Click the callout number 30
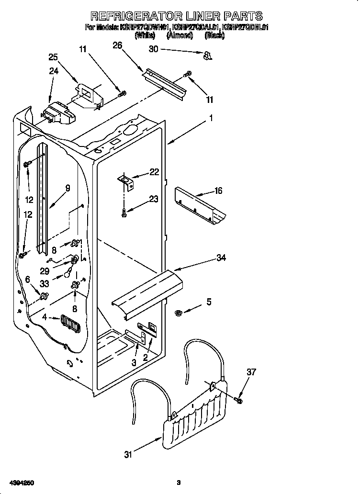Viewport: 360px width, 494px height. pyautogui.click(x=153, y=49)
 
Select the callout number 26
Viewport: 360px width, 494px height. pyautogui.click(x=117, y=45)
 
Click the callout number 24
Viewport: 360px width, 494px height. pyautogui.click(x=53, y=72)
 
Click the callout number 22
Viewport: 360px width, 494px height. pyautogui.click(x=154, y=172)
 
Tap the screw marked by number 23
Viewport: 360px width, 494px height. pyautogui.click(x=124, y=213)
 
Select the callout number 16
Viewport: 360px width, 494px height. pyautogui.click(x=218, y=191)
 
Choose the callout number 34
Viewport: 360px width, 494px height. pyautogui.click(x=221, y=258)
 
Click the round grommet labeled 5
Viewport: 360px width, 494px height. pyautogui.click(x=179, y=313)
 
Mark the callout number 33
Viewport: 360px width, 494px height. pyautogui.click(x=45, y=283)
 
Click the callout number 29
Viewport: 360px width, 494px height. pyautogui.click(x=45, y=270)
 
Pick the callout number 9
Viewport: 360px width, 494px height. pyautogui.click(x=67, y=188)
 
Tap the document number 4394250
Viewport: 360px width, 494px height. pyautogui.click(x=21, y=482)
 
